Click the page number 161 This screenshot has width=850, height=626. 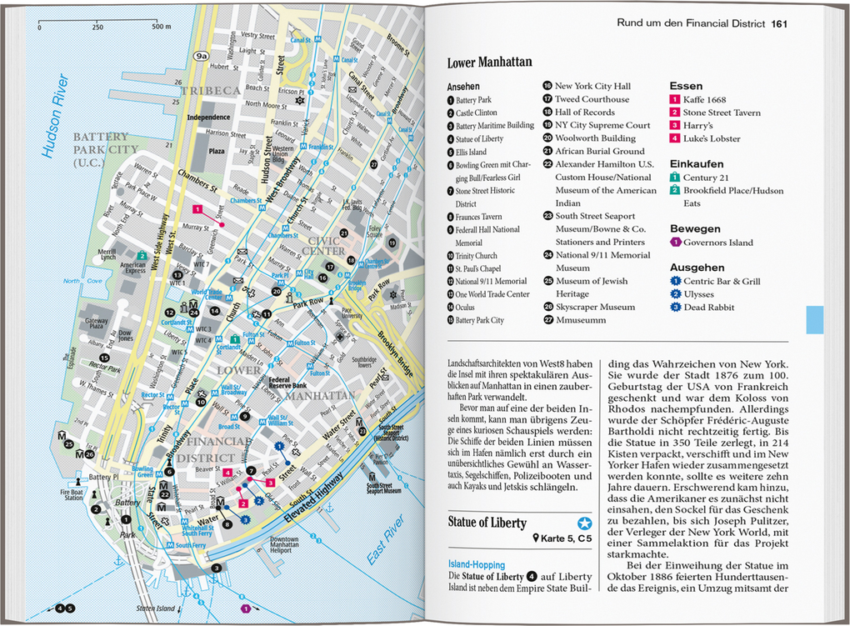[779, 23]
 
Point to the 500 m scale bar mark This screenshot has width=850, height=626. [161, 27]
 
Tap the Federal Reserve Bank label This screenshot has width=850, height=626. [289, 383]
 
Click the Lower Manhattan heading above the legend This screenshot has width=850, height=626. [489, 63]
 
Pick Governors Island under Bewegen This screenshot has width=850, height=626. [717, 243]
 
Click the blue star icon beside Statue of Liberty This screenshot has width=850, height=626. [584, 523]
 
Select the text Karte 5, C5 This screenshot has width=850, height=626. [566, 540]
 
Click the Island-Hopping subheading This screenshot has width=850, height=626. [476, 564]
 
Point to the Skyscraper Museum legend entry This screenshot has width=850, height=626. [595, 308]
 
